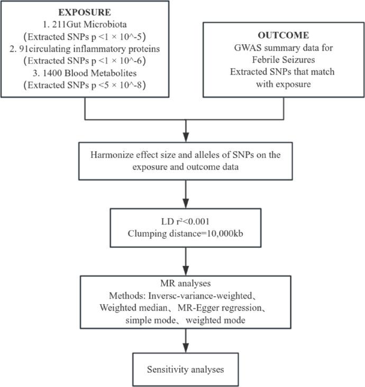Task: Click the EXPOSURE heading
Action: click(x=85, y=11)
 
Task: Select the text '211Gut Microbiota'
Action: click(x=90, y=23)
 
